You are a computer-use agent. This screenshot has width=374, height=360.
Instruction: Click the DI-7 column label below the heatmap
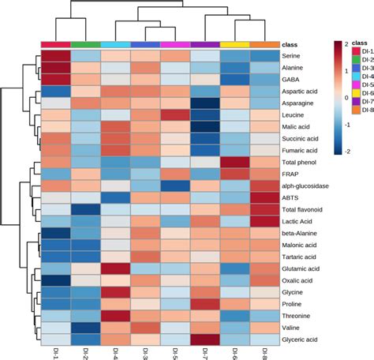pos(204,353)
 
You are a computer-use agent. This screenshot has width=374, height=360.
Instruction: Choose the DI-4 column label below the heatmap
pos(115,353)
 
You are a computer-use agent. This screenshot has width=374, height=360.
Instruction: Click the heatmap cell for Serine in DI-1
pos(55,58)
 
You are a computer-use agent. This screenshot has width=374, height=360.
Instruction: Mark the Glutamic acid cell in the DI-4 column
pos(115,268)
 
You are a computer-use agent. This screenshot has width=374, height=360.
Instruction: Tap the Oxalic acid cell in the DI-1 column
pos(55,281)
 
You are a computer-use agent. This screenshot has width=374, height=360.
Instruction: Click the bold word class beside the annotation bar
pos(293,45)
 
